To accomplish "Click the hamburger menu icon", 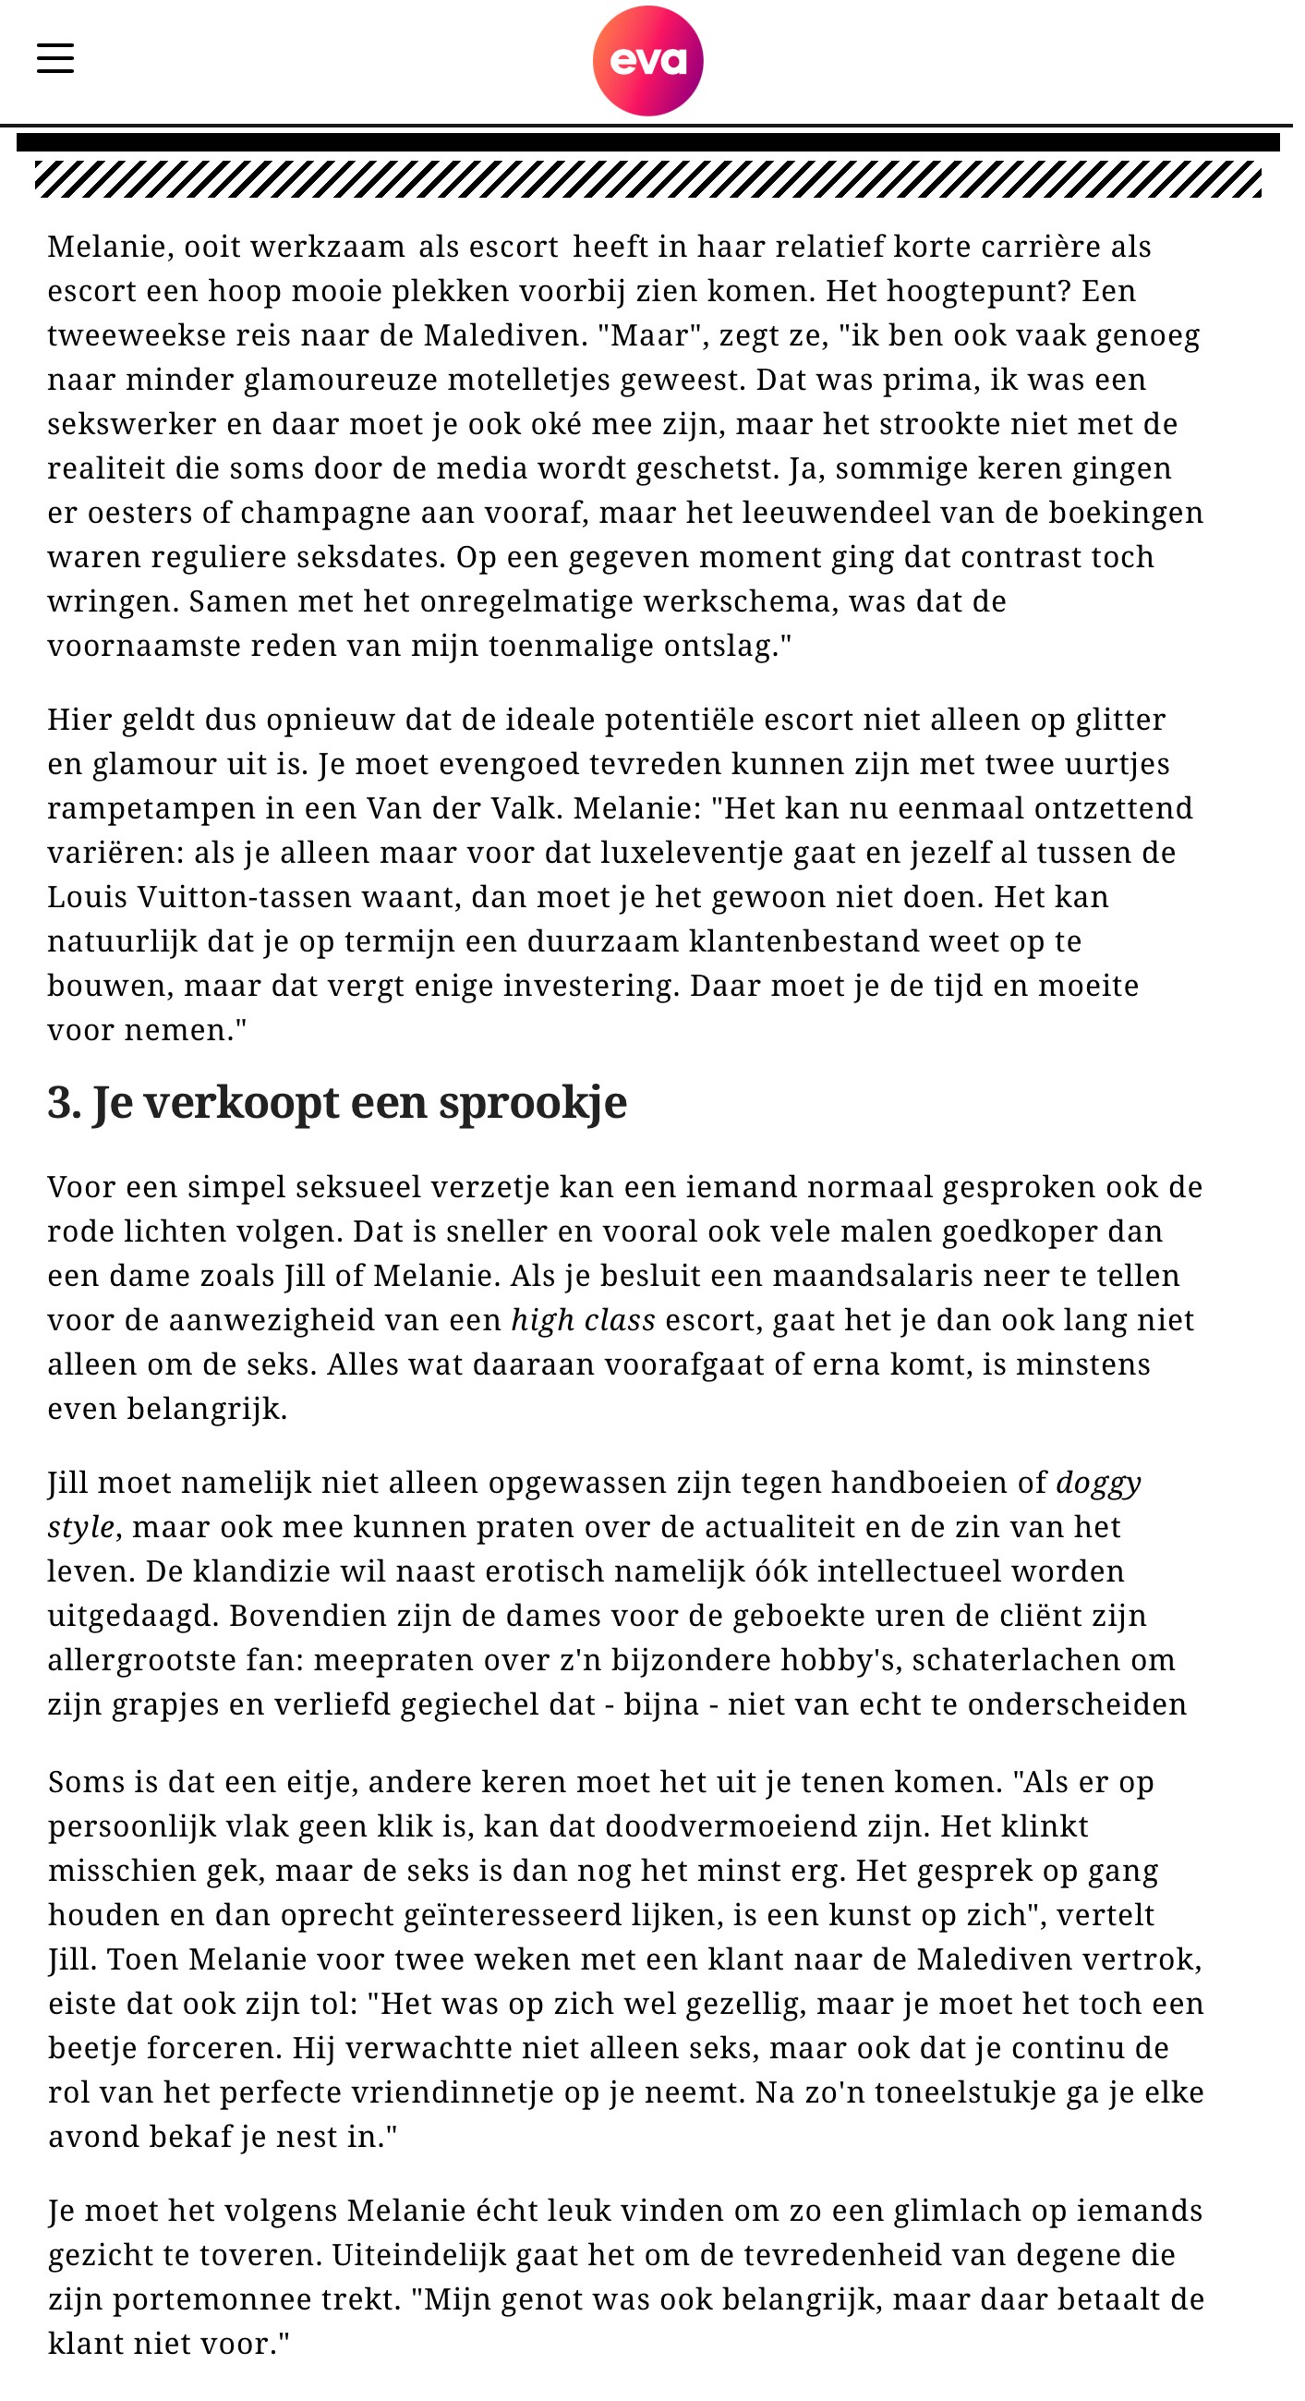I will [x=56, y=58].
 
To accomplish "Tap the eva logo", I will [x=654, y=62].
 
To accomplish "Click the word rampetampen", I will [x=150, y=816].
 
